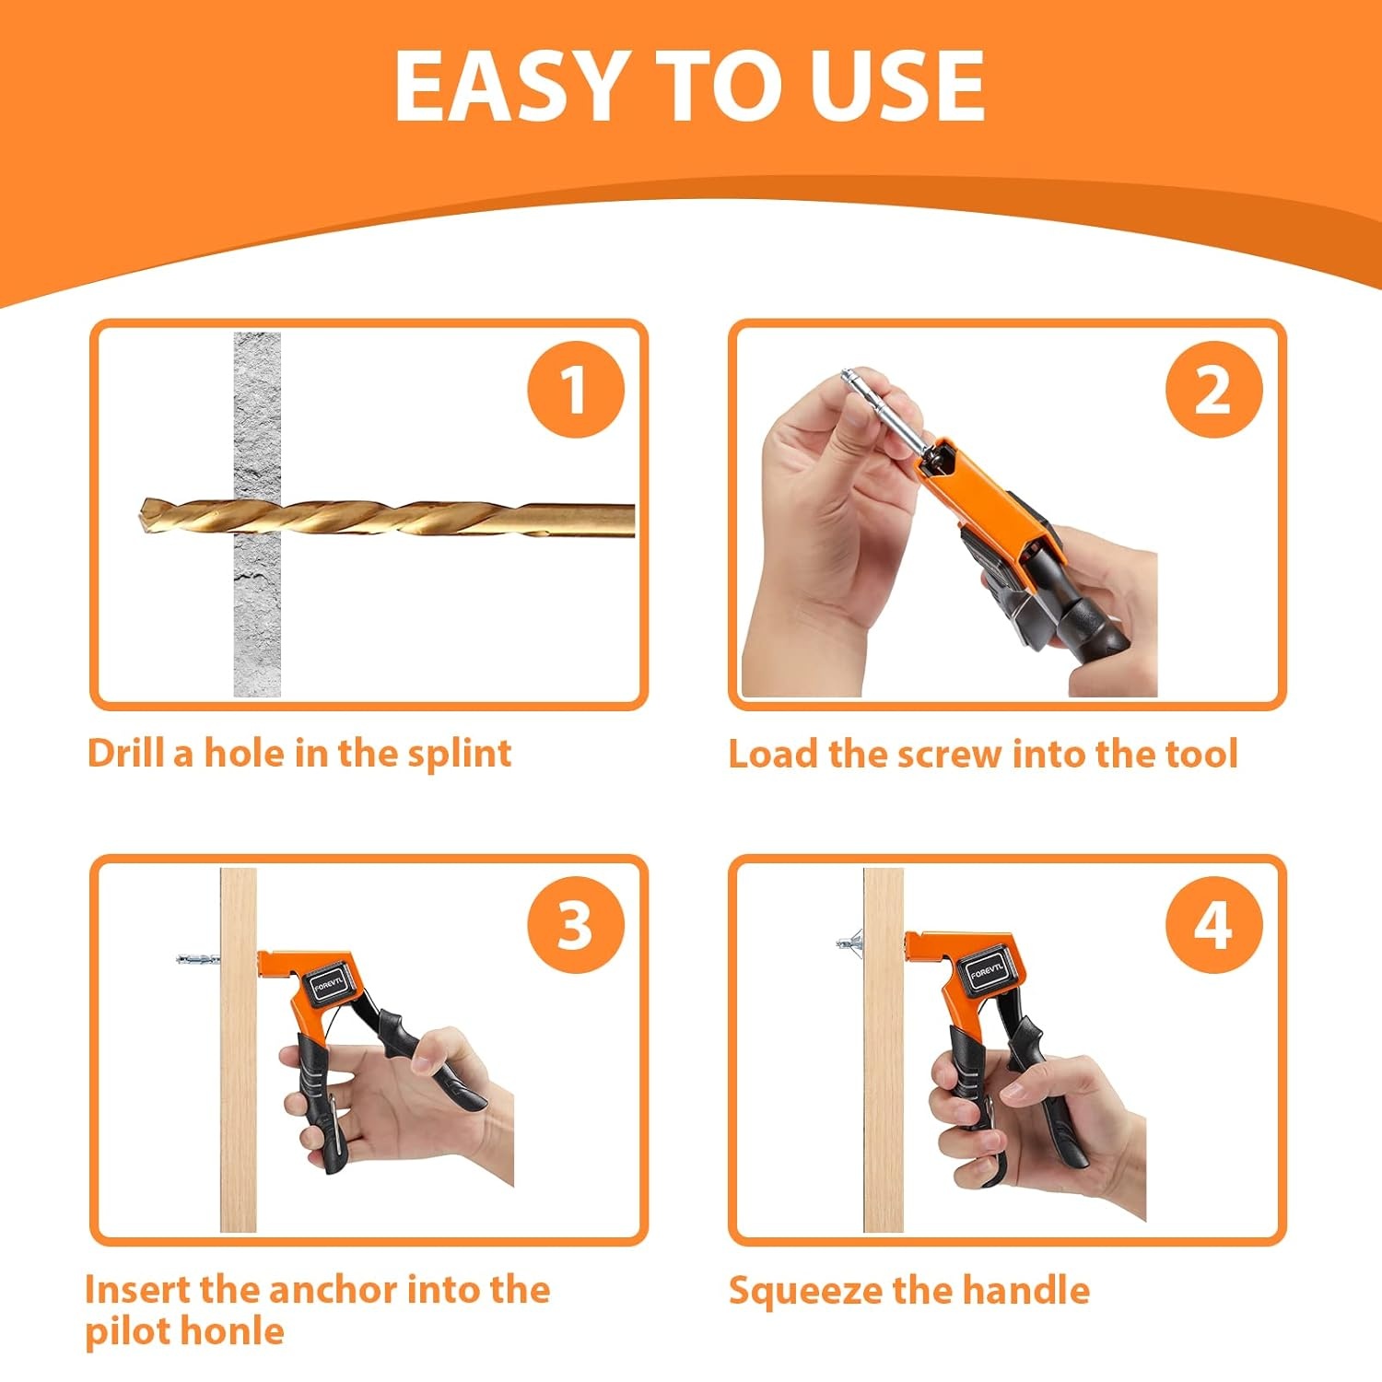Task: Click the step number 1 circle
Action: click(x=576, y=390)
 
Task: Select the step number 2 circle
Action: click(x=1213, y=390)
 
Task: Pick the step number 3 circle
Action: click(x=576, y=925)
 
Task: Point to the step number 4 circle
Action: click(x=1213, y=925)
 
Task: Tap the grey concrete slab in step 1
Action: click(x=257, y=514)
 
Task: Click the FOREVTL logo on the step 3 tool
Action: click(x=328, y=985)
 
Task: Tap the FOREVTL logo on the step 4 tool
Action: click(x=989, y=970)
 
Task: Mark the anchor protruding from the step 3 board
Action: click(x=198, y=960)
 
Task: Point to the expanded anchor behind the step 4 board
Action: click(x=850, y=943)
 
